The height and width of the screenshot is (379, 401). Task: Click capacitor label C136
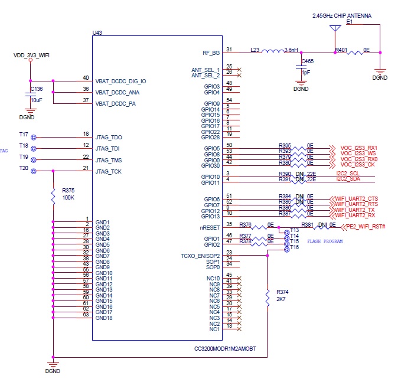tap(36, 89)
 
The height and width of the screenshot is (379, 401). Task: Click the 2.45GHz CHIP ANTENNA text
tap(342, 16)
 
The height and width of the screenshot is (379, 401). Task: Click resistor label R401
tap(341, 50)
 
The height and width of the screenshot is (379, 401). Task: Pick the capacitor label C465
tap(307, 61)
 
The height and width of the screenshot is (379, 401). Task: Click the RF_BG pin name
tap(211, 53)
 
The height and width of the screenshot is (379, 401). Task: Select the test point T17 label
tap(24, 134)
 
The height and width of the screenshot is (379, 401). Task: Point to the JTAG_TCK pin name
tap(109, 171)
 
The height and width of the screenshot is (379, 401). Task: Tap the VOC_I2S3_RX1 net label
tap(358, 148)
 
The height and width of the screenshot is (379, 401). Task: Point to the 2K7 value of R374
tap(281, 300)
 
